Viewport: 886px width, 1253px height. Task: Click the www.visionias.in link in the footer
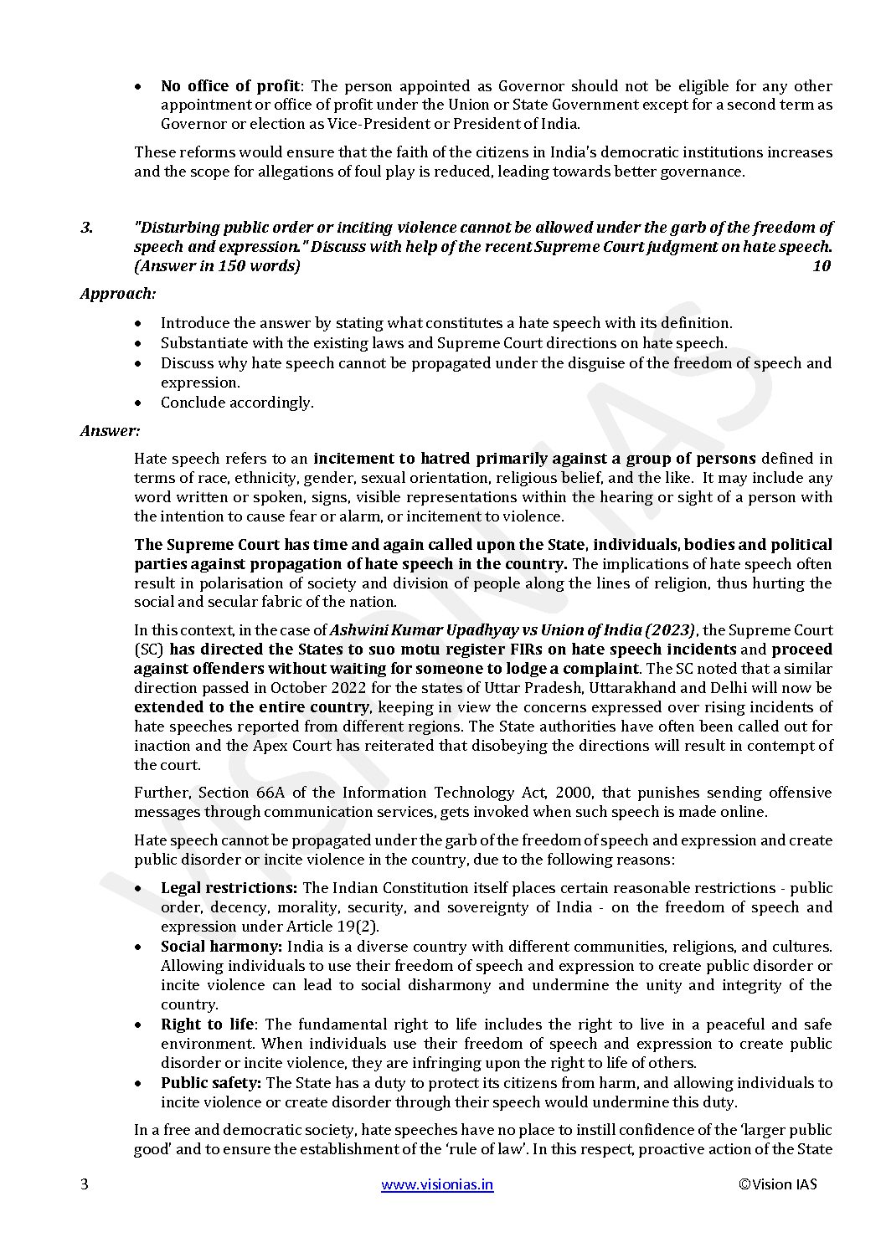coord(437,1184)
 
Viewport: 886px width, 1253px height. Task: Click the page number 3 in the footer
coord(84,1184)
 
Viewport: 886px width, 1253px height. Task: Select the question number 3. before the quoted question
coord(86,228)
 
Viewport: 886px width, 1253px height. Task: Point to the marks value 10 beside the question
coord(822,266)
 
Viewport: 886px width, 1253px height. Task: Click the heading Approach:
coord(118,294)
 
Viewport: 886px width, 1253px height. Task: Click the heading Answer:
coord(111,430)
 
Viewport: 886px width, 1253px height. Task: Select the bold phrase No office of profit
coord(230,86)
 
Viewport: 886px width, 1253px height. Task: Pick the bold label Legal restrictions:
coord(229,888)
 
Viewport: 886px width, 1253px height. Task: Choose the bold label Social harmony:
coord(221,947)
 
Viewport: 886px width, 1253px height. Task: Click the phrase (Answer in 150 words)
coord(217,266)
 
